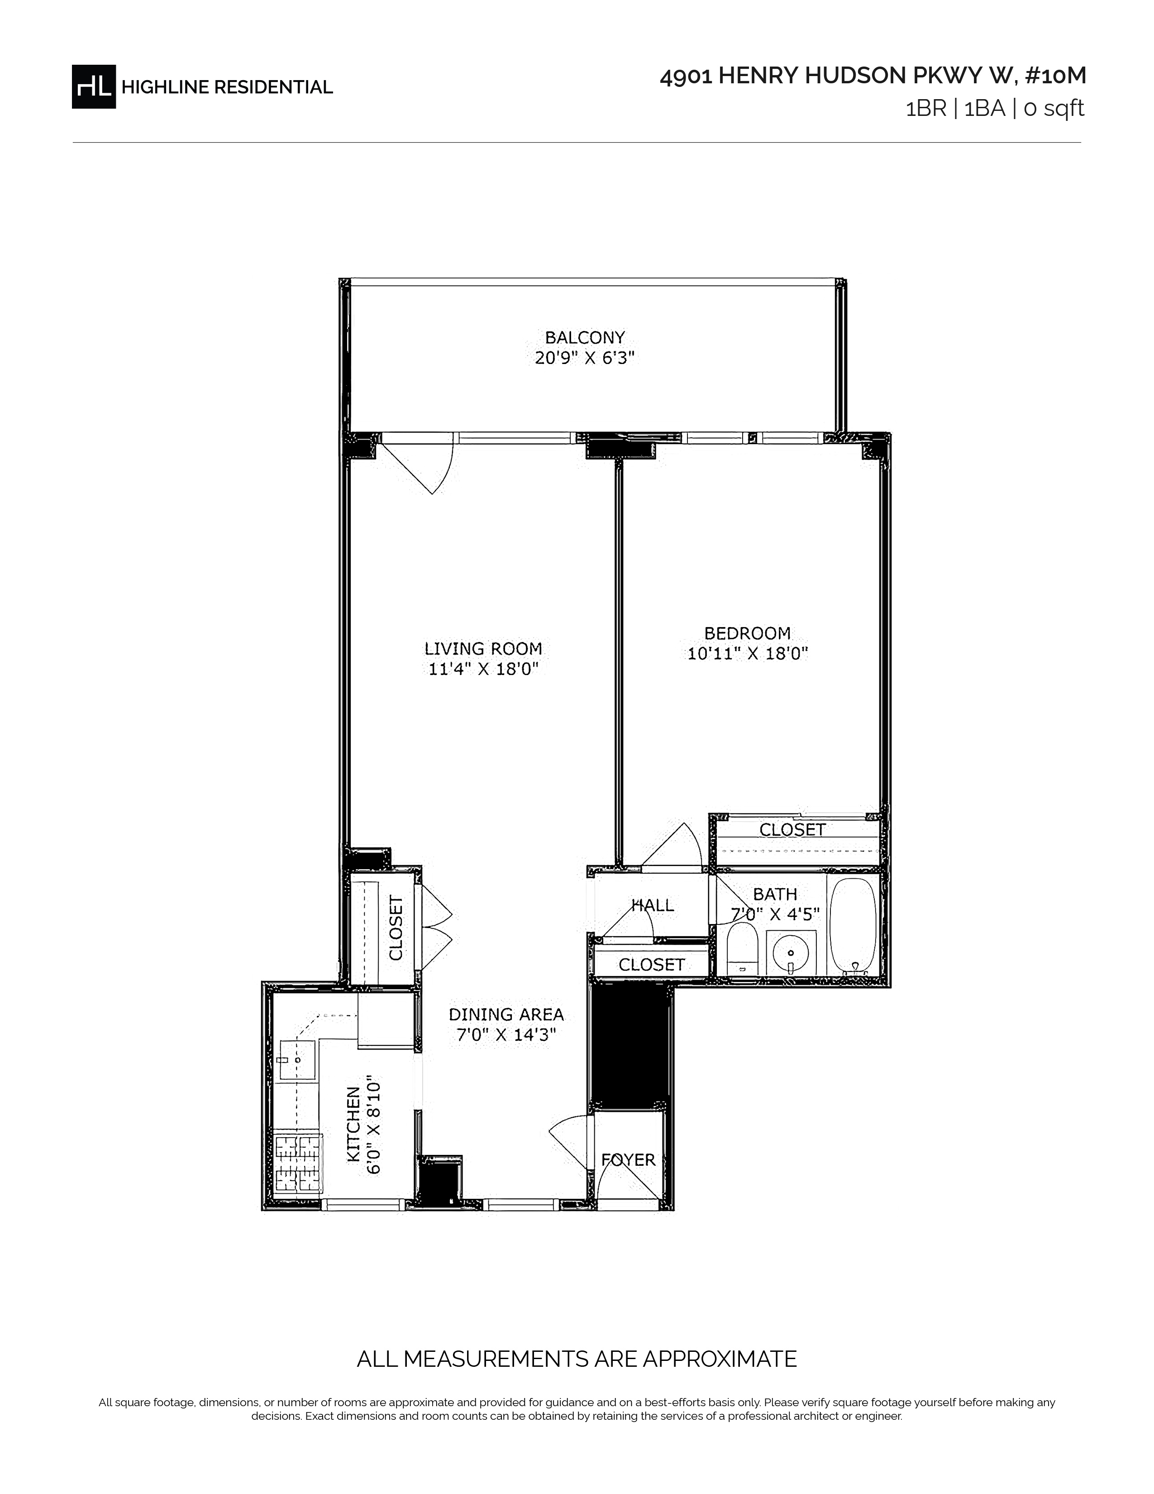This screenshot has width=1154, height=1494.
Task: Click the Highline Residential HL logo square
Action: coord(94,86)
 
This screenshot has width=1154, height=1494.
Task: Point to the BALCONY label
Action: coord(585,337)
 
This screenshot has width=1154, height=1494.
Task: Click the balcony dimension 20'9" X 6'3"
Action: coord(585,358)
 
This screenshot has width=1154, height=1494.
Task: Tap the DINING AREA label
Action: coord(506,1015)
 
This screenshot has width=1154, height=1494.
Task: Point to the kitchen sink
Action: coord(298,1060)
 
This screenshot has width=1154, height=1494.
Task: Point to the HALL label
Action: coord(653,905)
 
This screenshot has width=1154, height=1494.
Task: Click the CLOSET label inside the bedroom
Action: coord(792,830)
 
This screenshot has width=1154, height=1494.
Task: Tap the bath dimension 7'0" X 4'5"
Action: coord(775,914)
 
